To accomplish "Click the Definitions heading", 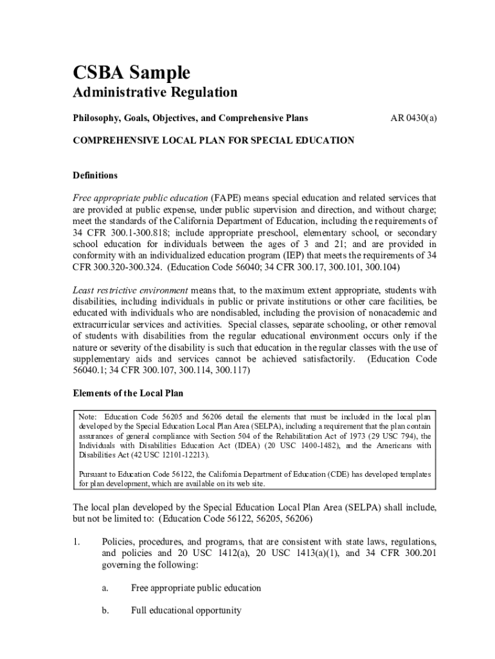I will [94, 175].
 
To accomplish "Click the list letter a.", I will [105, 588].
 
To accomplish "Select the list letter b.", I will [105, 610].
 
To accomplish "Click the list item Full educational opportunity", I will [186, 610].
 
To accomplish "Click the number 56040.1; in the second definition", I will [87, 371].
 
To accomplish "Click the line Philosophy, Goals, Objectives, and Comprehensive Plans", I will [190, 118].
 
